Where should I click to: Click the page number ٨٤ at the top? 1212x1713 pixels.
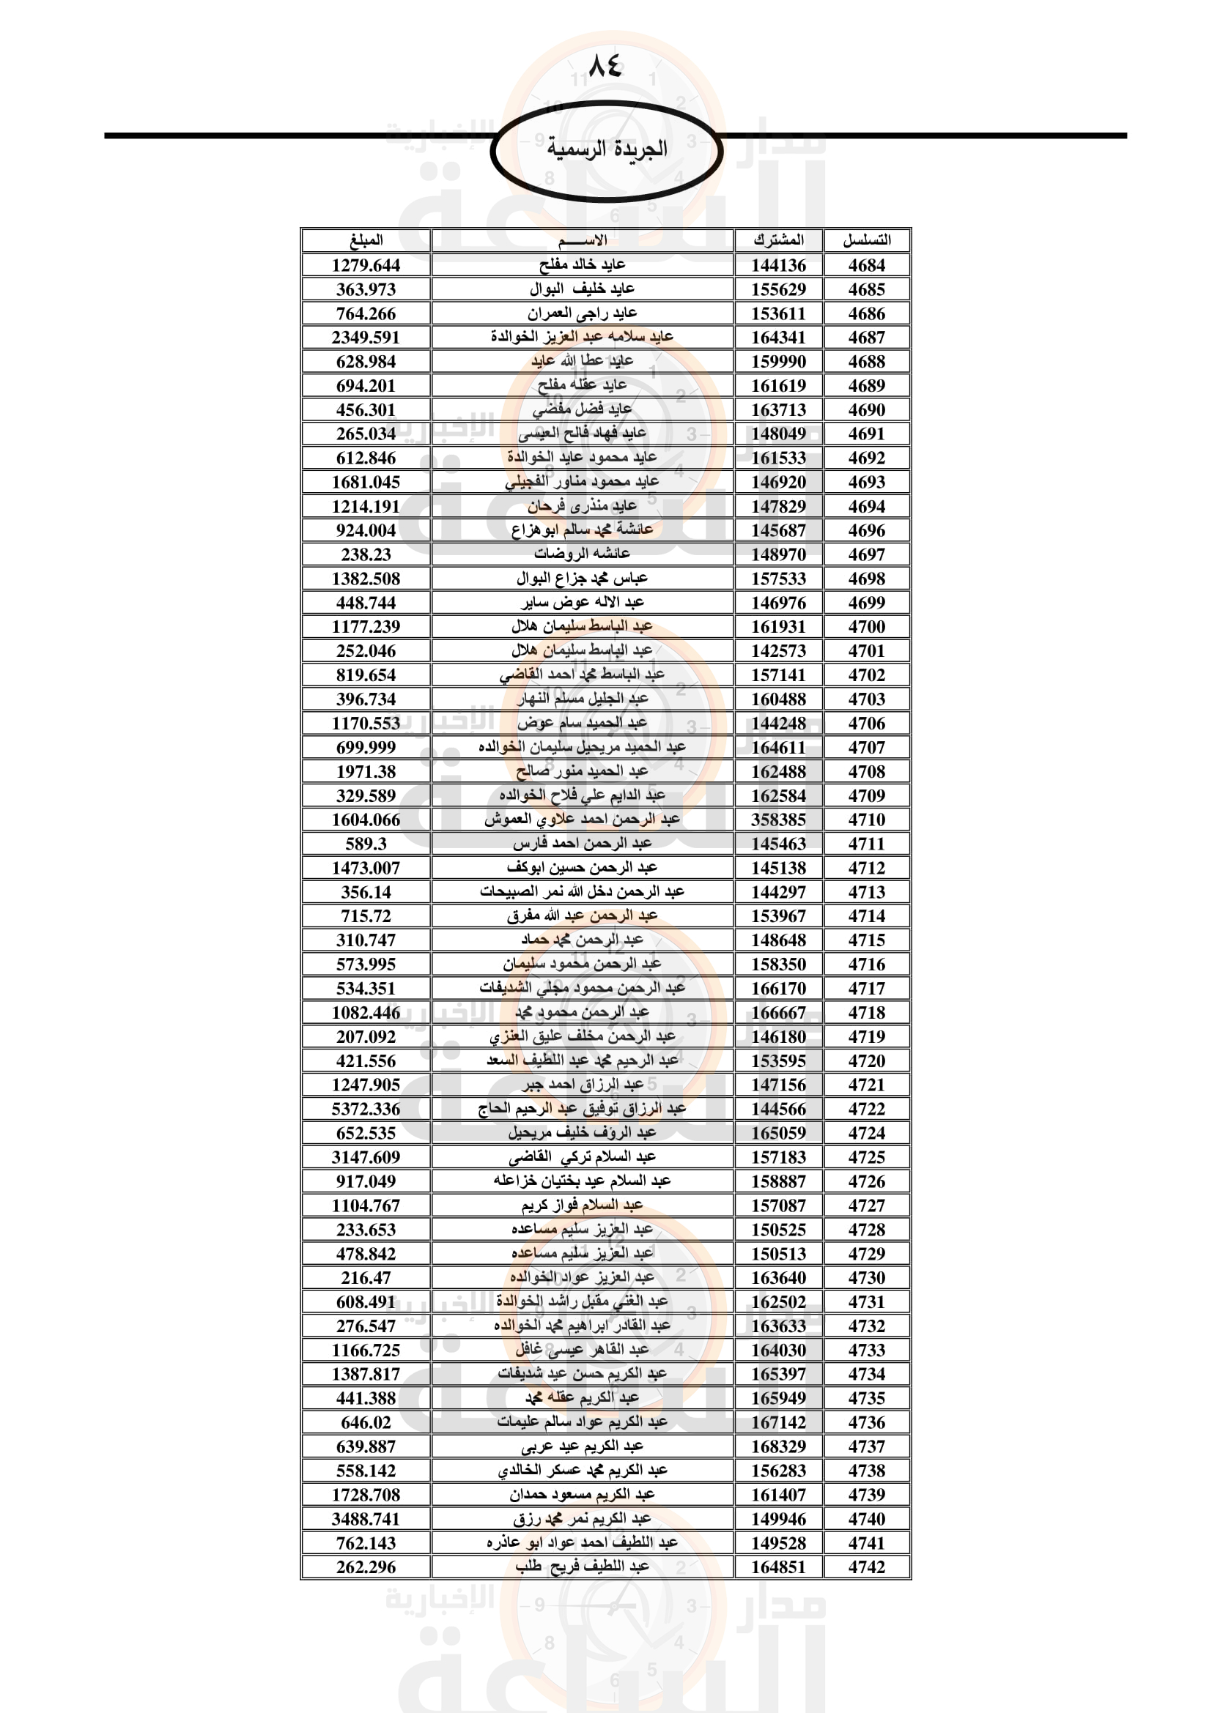pos(605,66)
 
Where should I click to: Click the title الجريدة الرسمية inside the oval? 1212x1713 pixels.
pos(606,149)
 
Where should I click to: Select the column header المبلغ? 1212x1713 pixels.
pos(366,240)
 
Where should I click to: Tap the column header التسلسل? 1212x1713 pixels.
pos(866,240)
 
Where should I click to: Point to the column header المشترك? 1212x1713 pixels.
pos(778,240)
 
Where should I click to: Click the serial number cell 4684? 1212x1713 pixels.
pos(866,265)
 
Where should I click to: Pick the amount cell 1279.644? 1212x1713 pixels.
pos(366,265)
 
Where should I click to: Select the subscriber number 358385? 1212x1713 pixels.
pos(778,820)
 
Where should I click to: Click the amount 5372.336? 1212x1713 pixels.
pos(366,1109)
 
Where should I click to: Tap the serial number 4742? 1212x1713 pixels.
pos(866,1567)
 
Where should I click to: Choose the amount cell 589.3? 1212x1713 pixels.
pos(366,844)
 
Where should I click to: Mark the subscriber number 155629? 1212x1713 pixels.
pos(778,289)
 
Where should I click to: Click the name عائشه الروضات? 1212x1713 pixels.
pos(581,554)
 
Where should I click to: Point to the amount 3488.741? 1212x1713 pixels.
pos(366,1518)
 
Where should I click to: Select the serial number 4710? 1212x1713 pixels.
pos(866,820)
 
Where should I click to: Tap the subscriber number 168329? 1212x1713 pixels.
pos(778,1446)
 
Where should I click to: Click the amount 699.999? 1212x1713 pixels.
pos(366,747)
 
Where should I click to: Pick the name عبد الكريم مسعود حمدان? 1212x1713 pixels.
pos(581,1495)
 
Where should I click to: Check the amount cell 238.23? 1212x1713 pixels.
pos(366,554)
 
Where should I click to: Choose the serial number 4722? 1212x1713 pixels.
pos(866,1109)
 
